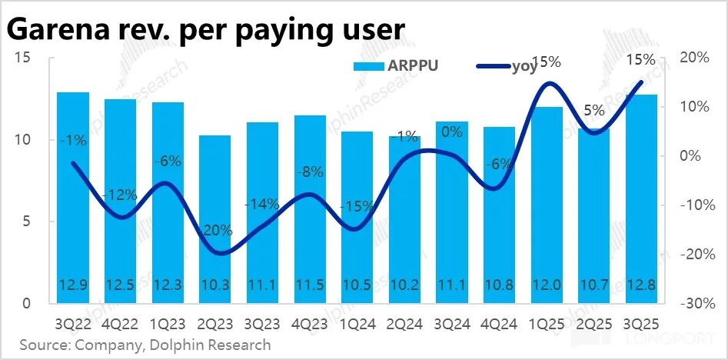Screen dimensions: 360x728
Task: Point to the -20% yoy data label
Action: click(215, 232)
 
